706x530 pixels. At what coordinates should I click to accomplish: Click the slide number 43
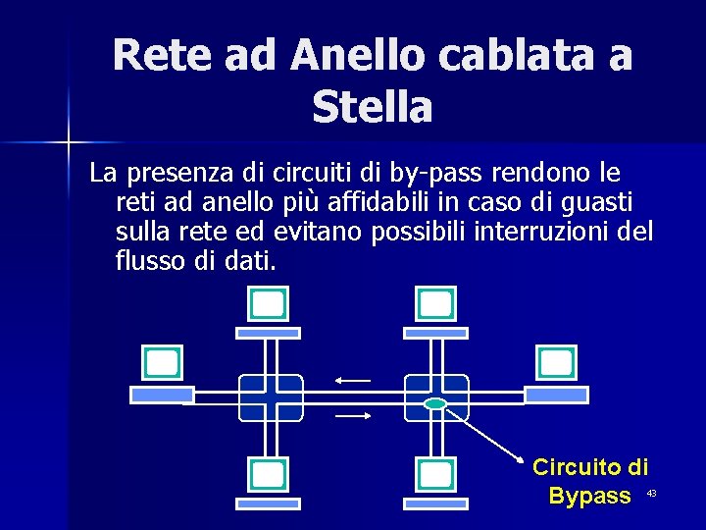[x=650, y=493]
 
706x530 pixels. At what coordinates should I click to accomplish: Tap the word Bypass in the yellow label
[x=590, y=496]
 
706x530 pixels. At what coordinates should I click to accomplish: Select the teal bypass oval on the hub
[x=435, y=403]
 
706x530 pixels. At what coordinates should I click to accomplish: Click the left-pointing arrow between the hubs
[x=353, y=380]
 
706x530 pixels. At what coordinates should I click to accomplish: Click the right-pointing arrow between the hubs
[x=353, y=415]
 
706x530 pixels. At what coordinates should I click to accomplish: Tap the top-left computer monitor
[x=268, y=305]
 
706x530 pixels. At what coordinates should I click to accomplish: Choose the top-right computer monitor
[x=434, y=305]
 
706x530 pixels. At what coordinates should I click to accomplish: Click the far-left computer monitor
[x=162, y=363]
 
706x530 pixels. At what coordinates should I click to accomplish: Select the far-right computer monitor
[x=556, y=363]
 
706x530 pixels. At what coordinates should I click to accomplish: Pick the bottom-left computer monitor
[x=268, y=475]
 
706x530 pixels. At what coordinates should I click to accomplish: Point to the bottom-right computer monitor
[x=434, y=475]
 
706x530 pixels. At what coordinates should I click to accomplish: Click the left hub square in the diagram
[x=271, y=397]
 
